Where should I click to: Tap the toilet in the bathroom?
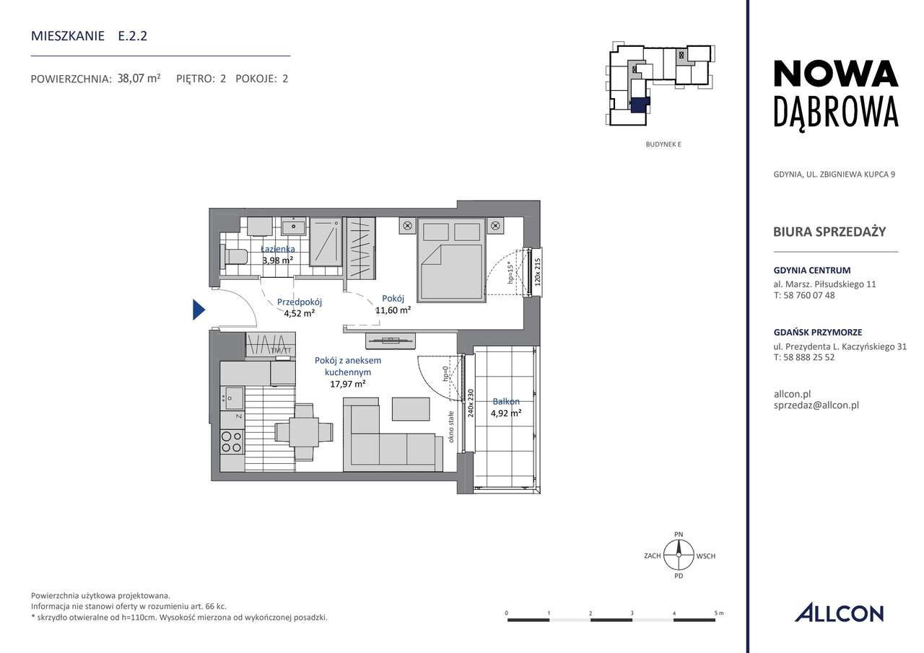coord(235,256)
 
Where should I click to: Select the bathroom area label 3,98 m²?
coord(277,260)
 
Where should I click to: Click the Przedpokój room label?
coord(299,302)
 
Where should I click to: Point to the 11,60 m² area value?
coord(393,310)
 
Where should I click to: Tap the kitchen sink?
coord(234,397)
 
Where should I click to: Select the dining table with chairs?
coord(304,432)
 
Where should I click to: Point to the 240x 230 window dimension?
coord(470,403)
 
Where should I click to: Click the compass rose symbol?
coord(678,556)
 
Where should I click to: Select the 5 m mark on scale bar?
coord(718,613)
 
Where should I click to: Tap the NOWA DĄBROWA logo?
coord(835,93)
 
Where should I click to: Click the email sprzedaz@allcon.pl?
coord(815,406)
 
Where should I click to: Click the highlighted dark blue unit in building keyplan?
coord(640,105)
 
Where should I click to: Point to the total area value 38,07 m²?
coord(139,79)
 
